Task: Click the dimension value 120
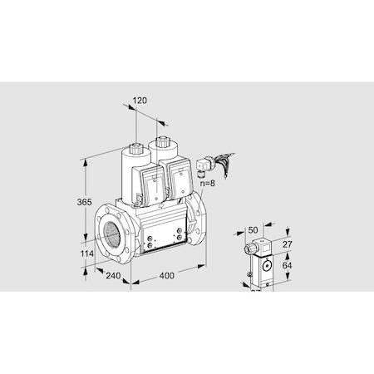pyautogui.click(x=140, y=101)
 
